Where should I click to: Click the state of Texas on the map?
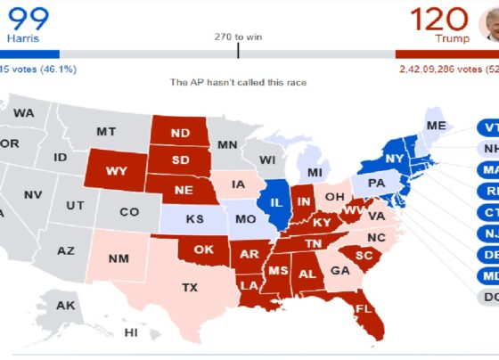[x=189, y=287]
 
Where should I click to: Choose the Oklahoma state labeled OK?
[x=203, y=250]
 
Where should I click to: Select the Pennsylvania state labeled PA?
[x=377, y=183]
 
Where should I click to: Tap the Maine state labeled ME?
[x=437, y=127]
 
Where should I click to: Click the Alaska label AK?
[x=66, y=306]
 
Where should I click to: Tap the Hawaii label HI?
[x=130, y=332]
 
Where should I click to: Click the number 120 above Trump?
[x=439, y=19]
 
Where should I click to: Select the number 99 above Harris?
[x=29, y=17]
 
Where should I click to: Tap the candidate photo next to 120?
[x=488, y=21]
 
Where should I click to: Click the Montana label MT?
[x=106, y=132]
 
